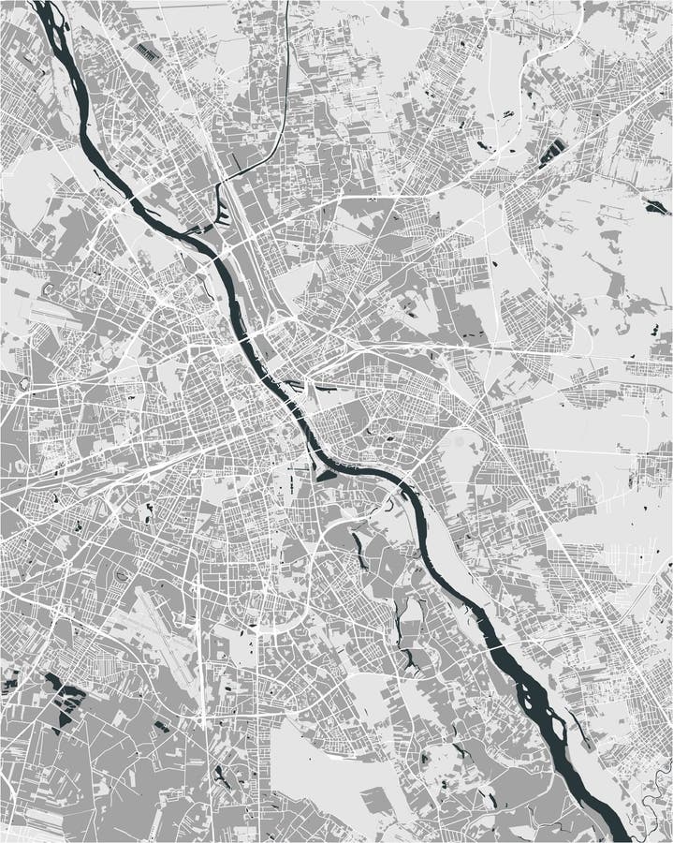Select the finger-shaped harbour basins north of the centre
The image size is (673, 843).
222,214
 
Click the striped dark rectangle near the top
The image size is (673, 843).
147,52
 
